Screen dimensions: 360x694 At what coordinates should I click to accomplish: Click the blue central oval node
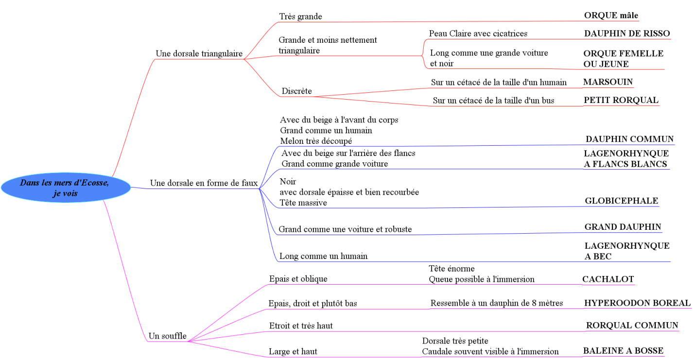66,188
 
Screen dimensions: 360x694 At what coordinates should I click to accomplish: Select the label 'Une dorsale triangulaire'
199,53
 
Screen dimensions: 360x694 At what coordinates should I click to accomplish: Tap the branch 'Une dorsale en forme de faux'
204,183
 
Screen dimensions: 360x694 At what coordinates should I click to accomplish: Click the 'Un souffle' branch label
167,336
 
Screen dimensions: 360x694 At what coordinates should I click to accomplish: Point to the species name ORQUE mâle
611,16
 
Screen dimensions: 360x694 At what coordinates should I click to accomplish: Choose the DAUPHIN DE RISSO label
626,34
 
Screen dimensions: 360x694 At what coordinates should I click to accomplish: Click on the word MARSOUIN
608,82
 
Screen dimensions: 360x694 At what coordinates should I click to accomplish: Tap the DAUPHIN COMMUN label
629,139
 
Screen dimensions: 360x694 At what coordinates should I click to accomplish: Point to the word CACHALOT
608,279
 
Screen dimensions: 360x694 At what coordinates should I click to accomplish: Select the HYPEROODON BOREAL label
637,303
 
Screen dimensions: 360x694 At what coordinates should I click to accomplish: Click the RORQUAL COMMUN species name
632,326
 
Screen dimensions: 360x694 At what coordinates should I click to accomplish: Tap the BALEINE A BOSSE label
623,351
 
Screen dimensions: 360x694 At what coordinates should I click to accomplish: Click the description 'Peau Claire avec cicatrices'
478,34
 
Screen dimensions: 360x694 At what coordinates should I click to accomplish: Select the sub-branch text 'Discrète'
296,91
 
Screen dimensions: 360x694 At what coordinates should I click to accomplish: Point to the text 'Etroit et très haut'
301,326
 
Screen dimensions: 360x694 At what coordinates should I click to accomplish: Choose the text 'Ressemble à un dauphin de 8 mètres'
496,303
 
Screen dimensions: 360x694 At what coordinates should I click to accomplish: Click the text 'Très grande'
300,17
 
